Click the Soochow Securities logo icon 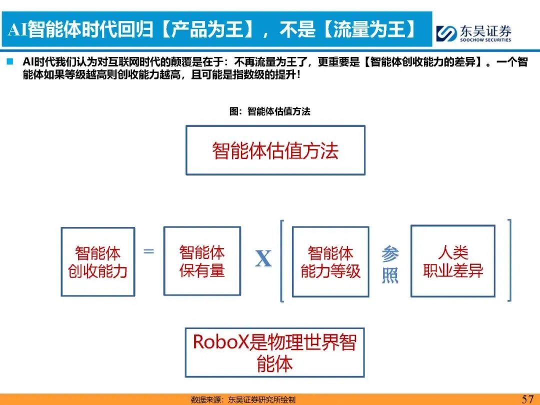point(446,33)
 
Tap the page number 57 point(527,398)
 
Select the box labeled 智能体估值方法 point(275,150)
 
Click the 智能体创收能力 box point(98,261)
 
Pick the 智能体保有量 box point(202,261)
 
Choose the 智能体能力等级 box point(330,261)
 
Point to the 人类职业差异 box point(453,261)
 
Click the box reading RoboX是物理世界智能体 point(274,352)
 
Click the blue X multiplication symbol point(263,258)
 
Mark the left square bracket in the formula point(282,260)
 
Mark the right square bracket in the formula point(508,260)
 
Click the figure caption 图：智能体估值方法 point(270,111)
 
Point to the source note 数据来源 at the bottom point(243,399)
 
